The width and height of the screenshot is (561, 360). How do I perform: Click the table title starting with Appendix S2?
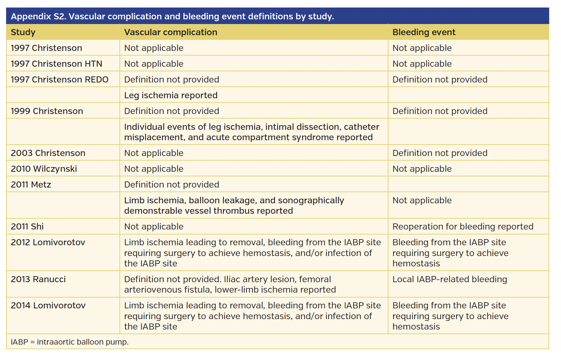(x=172, y=16)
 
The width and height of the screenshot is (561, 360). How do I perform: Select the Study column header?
(x=23, y=32)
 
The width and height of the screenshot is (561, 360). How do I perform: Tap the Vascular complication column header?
(x=170, y=32)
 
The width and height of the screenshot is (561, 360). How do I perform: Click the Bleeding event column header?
(x=424, y=32)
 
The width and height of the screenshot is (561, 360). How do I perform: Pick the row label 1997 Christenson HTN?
(x=56, y=64)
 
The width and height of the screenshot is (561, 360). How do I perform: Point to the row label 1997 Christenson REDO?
(x=60, y=80)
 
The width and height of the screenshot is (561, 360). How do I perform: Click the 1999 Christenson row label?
(x=47, y=111)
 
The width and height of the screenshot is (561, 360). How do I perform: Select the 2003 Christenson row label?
(x=48, y=153)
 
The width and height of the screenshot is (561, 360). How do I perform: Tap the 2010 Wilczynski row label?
(x=44, y=169)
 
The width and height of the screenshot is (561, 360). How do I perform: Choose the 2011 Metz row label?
(x=31, y=185)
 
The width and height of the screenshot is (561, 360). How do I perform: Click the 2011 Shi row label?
(x=27, y=227)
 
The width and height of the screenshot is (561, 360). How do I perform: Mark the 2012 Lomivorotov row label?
(x=48, y=242)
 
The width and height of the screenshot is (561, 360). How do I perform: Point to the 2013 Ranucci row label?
(x=38, y=279)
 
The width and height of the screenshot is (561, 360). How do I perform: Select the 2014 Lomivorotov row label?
(x=48, y=305)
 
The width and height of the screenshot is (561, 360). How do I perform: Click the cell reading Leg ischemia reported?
(x=171, y=95)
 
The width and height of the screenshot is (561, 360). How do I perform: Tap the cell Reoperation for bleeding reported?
(x=463, y=227)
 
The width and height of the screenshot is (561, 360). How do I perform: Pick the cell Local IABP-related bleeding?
(x=449, y=279)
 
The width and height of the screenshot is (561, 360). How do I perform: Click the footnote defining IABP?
(x=70, y=342)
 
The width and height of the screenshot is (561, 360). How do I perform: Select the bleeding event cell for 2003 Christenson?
(x=440, y=153)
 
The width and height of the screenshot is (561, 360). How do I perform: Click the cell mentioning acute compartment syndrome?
(x=251, y=132)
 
